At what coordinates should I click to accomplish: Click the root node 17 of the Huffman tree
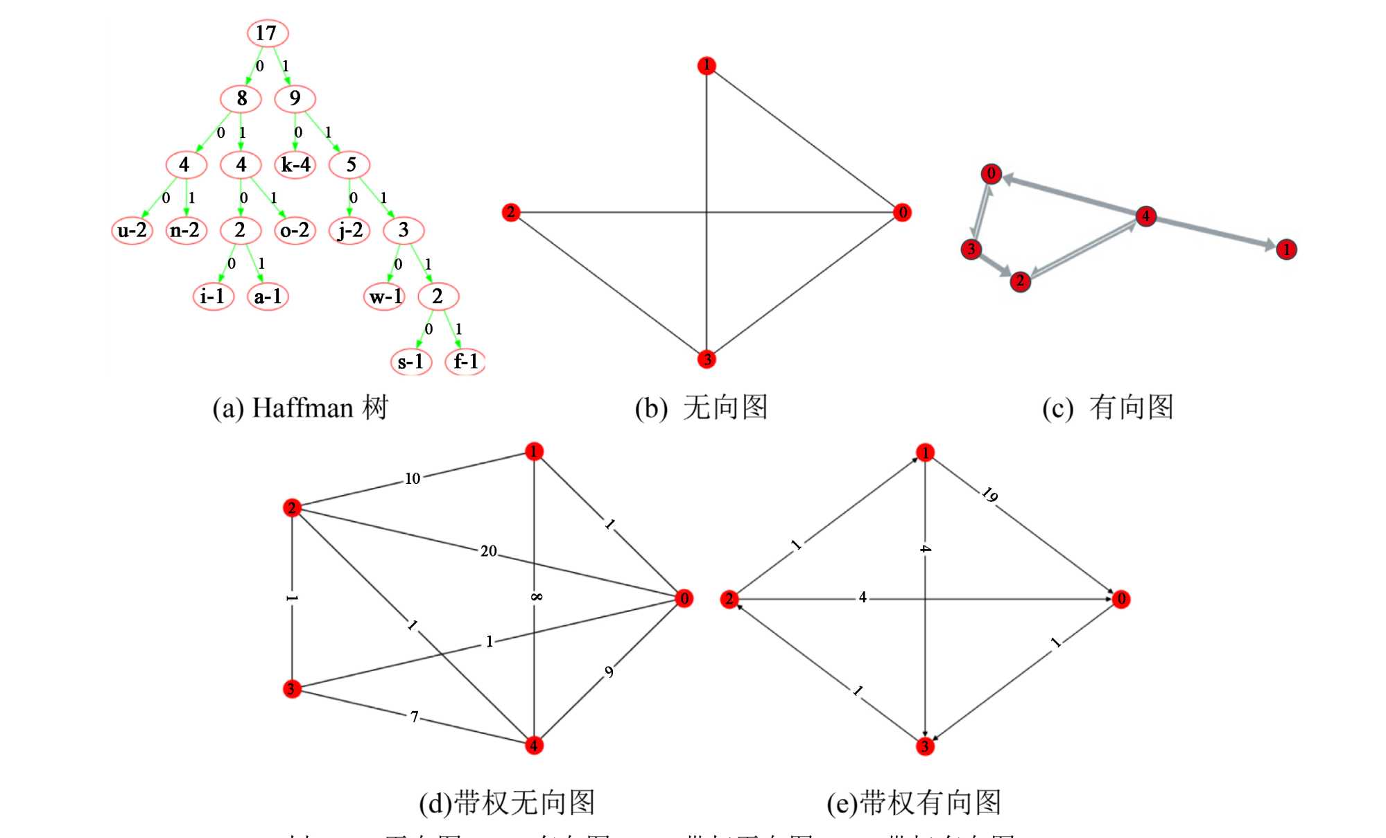pos(267,33)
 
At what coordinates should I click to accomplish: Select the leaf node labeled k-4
pos(295,165)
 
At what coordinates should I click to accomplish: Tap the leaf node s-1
pos(410,362)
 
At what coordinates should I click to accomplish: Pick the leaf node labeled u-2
pos(132,230)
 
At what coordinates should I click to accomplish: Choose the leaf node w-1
pos(385,297)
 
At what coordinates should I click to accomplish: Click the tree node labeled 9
pos(295,98)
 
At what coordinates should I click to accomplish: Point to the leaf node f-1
pos(465,361)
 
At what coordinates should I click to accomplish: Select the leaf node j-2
pos(350,230)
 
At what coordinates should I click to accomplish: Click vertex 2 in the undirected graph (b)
pos(511,212)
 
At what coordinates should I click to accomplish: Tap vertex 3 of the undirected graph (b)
pos(707,359)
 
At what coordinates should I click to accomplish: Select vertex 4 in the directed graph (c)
pos(1145,216)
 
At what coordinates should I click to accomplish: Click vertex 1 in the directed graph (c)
pos(1286,250)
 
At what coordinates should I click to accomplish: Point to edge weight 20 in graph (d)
pos(489,551)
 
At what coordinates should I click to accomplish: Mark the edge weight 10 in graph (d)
pos(413,478)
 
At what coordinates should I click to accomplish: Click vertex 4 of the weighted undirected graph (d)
pos(534,746)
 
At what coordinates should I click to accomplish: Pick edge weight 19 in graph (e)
pos(989,495)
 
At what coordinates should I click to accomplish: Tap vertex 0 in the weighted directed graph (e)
pos(1121,599)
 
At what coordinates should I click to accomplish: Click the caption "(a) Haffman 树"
pos(300,408)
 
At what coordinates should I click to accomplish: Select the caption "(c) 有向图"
pos(1107,408)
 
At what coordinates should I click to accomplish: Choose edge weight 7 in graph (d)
pos(414,717)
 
